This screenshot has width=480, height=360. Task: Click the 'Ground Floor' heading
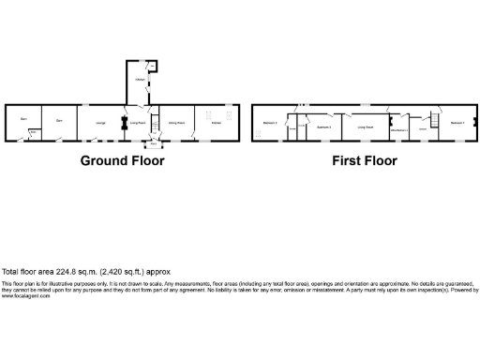coord(122,160)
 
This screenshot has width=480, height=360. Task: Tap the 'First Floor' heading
coord(365,160)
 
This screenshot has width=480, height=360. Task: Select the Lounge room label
coord(100,122)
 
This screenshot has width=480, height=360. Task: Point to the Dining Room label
coord(175,122)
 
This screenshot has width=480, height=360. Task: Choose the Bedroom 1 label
coord(457,123)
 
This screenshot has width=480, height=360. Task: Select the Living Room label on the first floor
coord(366,123)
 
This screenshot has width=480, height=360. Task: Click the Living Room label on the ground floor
coord(138,122)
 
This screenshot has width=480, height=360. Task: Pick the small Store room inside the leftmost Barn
coord(33,132)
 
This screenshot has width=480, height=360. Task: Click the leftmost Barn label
coord(22,119)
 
